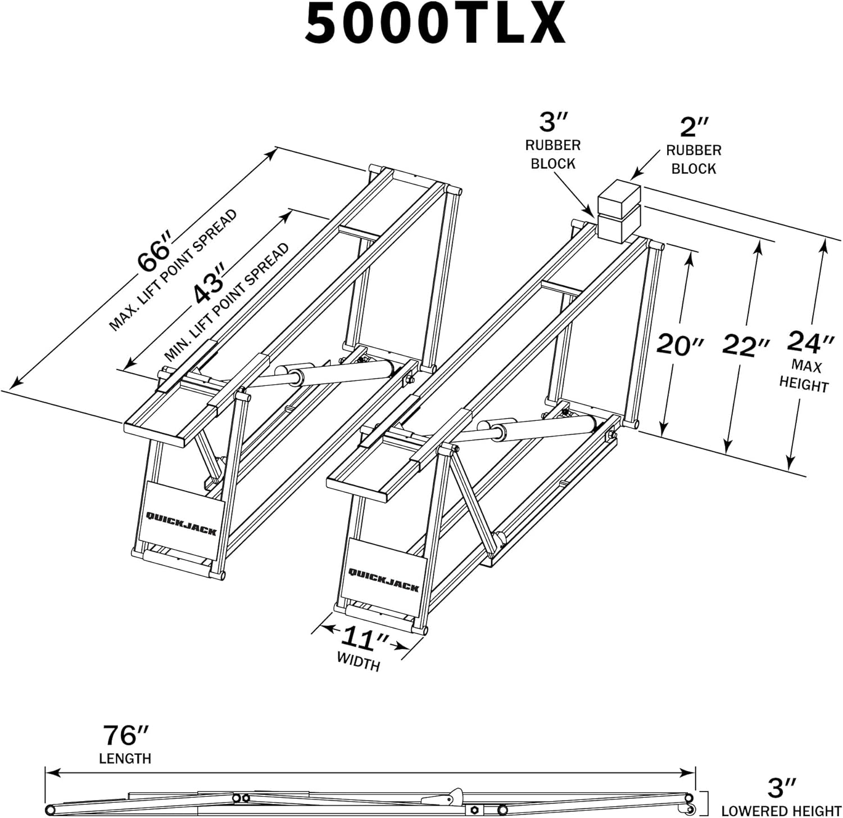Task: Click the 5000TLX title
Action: pyautogui.click(x=434, y=24)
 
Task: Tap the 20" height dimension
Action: pyautogui.click(x=679, y=344)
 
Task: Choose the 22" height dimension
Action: pyautogui.click(x=745, y=345)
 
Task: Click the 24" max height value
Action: pyautogui.click(x=810, y=341)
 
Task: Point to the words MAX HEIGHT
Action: pyautogui.click(x=804, y=376)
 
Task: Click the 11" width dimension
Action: pyautogui.click(x=364, y=639)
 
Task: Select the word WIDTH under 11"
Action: pyautogui.click(x=359, y=661)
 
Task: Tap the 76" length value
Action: pyautogui.click(x=125, y=735)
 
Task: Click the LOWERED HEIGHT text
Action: pyautogui.click(x=781, y=811)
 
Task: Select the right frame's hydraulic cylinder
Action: pyautogui.click(x=540, y=429)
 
